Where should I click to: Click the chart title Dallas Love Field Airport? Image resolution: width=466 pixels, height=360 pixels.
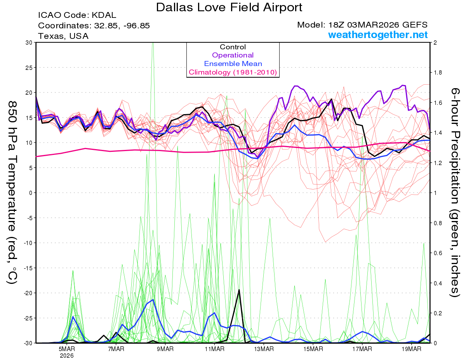click(229, 7)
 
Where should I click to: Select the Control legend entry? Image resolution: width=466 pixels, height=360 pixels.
click(233, 47)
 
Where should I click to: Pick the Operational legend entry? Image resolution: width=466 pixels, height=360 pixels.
click(233, 55)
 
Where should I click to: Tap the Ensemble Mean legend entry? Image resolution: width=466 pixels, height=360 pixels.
click(233, 64)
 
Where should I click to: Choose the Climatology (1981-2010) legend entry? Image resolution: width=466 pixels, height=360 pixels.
click(233, 72)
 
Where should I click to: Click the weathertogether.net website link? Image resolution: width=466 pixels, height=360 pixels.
click(378, 35)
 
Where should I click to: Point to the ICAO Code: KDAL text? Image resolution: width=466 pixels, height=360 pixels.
click(77, 15)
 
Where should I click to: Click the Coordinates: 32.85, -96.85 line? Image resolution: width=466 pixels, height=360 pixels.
click(94, 26)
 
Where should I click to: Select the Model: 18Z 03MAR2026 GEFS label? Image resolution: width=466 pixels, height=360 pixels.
click(362, 25)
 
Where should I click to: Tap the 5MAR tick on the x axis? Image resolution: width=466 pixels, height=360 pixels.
click(67, 348)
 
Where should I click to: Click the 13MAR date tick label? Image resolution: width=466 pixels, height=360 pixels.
click(264, 348)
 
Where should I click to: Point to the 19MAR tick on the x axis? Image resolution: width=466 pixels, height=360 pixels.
click(411, 348)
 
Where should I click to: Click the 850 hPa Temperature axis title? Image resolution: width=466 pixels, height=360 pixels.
click(12, 192)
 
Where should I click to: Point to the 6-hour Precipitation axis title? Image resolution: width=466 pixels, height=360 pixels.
click(455, 192)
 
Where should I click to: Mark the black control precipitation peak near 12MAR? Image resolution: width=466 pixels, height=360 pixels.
click(239, 290)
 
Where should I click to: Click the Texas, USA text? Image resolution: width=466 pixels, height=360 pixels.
click(63, 36)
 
